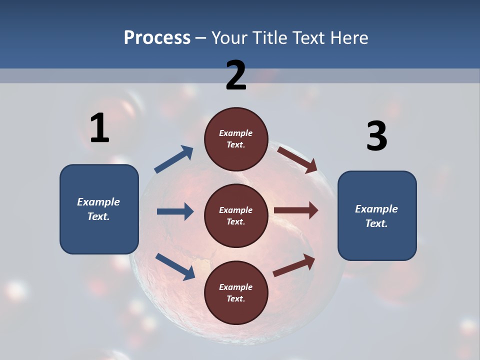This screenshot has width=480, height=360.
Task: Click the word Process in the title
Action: click(x=157, y=38)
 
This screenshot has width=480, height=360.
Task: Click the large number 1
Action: click(x=99, y=128)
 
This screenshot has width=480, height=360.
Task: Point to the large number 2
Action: click(x=236, y=75)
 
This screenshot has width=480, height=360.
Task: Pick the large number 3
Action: click(x=376, y=137)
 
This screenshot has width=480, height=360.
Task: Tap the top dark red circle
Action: click(x=236, y=139)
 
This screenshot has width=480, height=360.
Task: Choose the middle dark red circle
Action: click(x=236, y=215)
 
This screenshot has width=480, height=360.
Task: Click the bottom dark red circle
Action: click(x=236, y=292)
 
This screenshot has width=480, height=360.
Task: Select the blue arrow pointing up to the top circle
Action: click(x=174, y=159)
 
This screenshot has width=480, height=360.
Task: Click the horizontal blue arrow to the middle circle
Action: click(x=175, y=211)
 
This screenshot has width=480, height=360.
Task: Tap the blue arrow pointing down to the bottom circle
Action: click(x=175, y=266)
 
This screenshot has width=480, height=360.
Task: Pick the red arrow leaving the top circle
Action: click(x=297, y=159)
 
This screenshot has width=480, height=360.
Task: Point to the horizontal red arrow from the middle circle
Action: click(x=295, y=210)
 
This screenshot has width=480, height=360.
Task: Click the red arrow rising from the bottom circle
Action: click(x=294, y=265)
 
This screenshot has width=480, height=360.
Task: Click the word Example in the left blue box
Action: click(x=98, y=202)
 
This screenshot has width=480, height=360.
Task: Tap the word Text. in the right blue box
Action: click(x=376, y=223)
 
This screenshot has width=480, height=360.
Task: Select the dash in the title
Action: click(x=201, y=38)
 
